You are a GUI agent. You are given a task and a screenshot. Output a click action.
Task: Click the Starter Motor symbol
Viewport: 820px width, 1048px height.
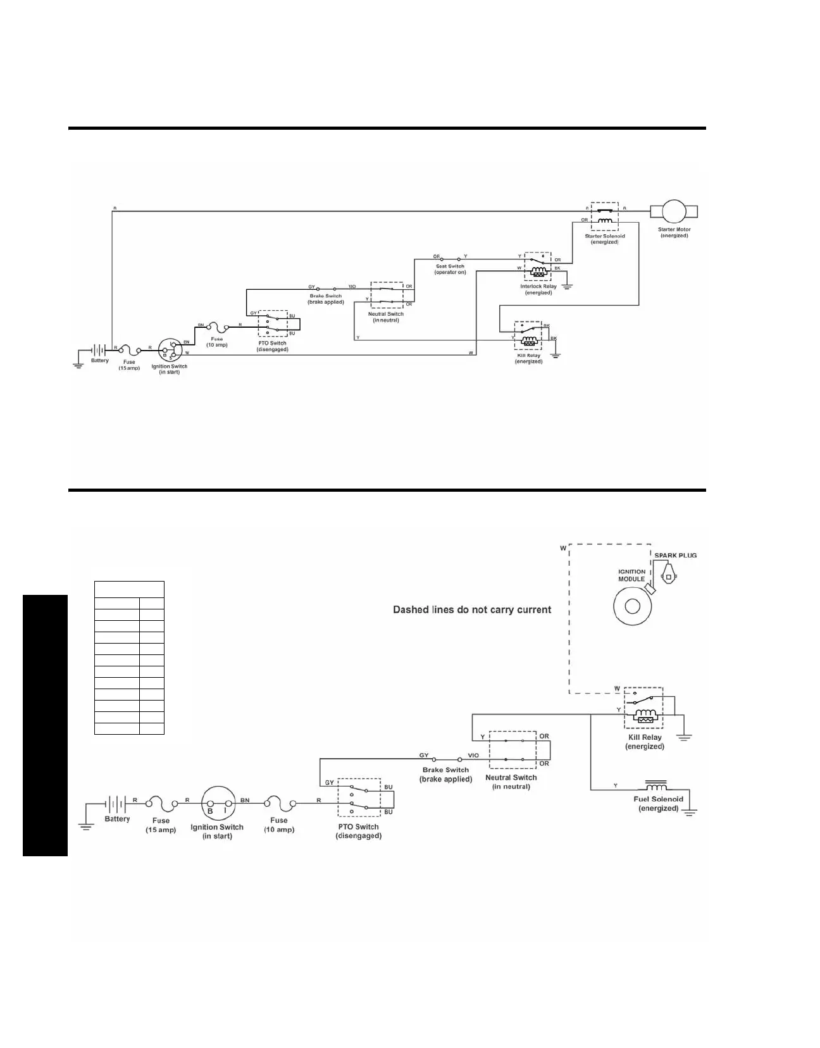click(x=673, y=210)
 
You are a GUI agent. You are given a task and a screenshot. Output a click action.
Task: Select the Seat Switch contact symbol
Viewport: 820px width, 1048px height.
click(x=449, y=259)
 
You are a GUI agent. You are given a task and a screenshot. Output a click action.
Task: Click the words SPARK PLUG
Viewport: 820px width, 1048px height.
click(x=675, y=555)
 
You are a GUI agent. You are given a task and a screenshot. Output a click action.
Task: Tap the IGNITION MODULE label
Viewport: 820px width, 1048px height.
click(x=631, y=575)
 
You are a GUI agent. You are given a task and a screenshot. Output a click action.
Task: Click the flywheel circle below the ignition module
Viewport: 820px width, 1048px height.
click(x=632, y=606)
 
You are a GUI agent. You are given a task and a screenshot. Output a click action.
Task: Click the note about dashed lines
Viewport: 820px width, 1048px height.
click(x=472, y=610)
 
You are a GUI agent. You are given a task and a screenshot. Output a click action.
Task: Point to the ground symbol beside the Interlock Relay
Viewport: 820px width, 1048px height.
click(x=567, y=285)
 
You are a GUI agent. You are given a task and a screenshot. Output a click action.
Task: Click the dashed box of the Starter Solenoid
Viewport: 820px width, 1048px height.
click(x=605, y=216)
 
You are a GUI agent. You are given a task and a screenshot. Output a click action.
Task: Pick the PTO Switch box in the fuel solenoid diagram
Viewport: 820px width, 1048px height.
click(x=359, y=799)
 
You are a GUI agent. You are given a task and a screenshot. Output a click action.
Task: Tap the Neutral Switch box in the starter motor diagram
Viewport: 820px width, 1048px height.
click(x=386, y=295)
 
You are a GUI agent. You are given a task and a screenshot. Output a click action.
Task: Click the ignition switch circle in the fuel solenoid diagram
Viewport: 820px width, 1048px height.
click(x=218, y=804)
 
